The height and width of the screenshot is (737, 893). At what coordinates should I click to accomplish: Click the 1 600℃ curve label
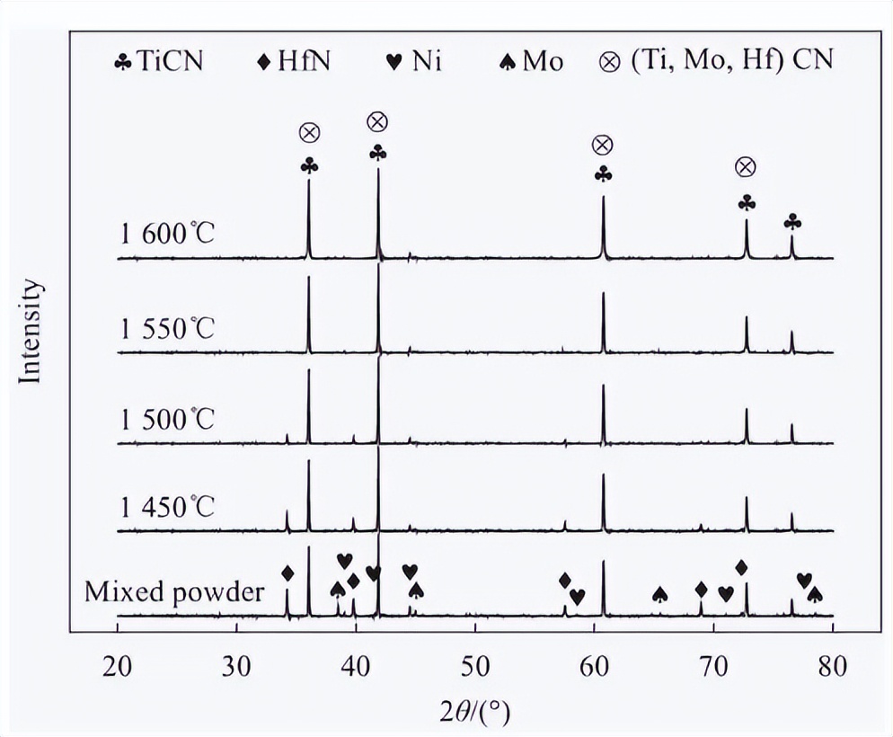click(x=168, y=236)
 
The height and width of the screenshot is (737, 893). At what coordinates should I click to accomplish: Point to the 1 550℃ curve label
click(x=168, y=327)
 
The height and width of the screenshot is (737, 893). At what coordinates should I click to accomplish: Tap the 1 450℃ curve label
click(x=168, y=507)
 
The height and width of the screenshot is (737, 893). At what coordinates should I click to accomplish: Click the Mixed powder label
click(x=174, y=592)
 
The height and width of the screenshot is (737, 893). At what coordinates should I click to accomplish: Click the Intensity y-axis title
click(x=31, y=332)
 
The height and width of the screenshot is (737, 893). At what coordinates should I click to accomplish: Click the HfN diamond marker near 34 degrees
click(x=287, y=573)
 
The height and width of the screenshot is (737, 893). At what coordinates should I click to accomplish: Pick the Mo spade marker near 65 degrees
click(x=659, y=594)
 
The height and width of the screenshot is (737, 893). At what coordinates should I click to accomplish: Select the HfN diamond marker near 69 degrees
click(x=701, y=589)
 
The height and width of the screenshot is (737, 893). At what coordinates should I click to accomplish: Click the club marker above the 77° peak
click(x=792, y=221)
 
